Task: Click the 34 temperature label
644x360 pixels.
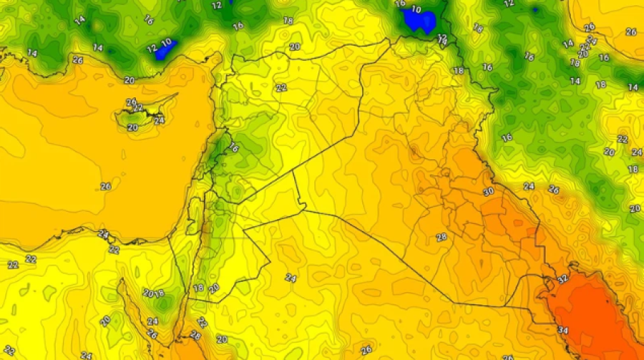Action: click(562, 330)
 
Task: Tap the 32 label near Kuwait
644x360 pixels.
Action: click(562, 278)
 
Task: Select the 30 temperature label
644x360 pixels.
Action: click(489, 192)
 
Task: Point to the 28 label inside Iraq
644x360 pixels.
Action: click(441, 237)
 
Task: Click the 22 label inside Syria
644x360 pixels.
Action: click(280, 87)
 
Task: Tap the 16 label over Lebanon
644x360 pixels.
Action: click(234, 147)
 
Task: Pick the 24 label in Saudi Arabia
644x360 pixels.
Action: click(290, 278)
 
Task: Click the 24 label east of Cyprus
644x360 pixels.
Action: click(159, 120)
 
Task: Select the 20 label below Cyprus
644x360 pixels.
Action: click(132, 127)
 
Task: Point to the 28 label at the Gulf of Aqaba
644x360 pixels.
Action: click(195, 335)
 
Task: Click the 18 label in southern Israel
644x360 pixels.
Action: click(198, 288)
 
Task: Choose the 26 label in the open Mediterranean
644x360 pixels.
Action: click(106, 186)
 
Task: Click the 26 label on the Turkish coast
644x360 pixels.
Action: click(77, 60)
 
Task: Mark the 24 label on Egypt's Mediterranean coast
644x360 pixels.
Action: click(103, 234)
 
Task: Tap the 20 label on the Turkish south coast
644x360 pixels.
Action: click(130, 80)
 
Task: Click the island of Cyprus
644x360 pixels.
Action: click(147, 113)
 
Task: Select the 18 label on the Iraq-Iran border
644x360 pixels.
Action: click(458, 70)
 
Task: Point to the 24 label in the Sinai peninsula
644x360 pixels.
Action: click(152, 321)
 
